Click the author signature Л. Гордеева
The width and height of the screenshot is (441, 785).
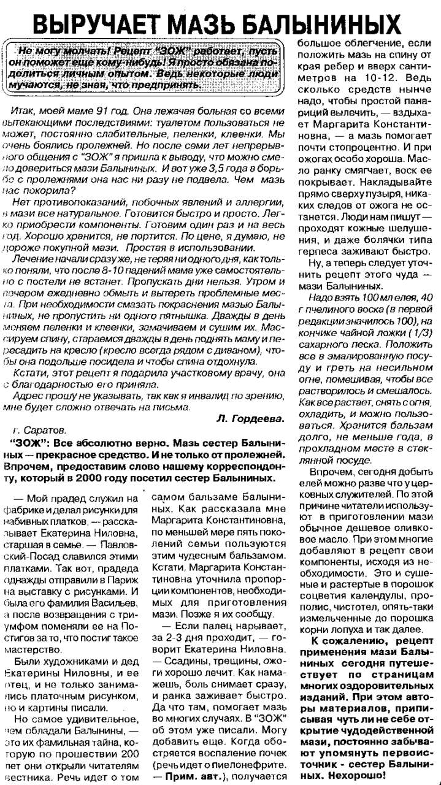point(250,418)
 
